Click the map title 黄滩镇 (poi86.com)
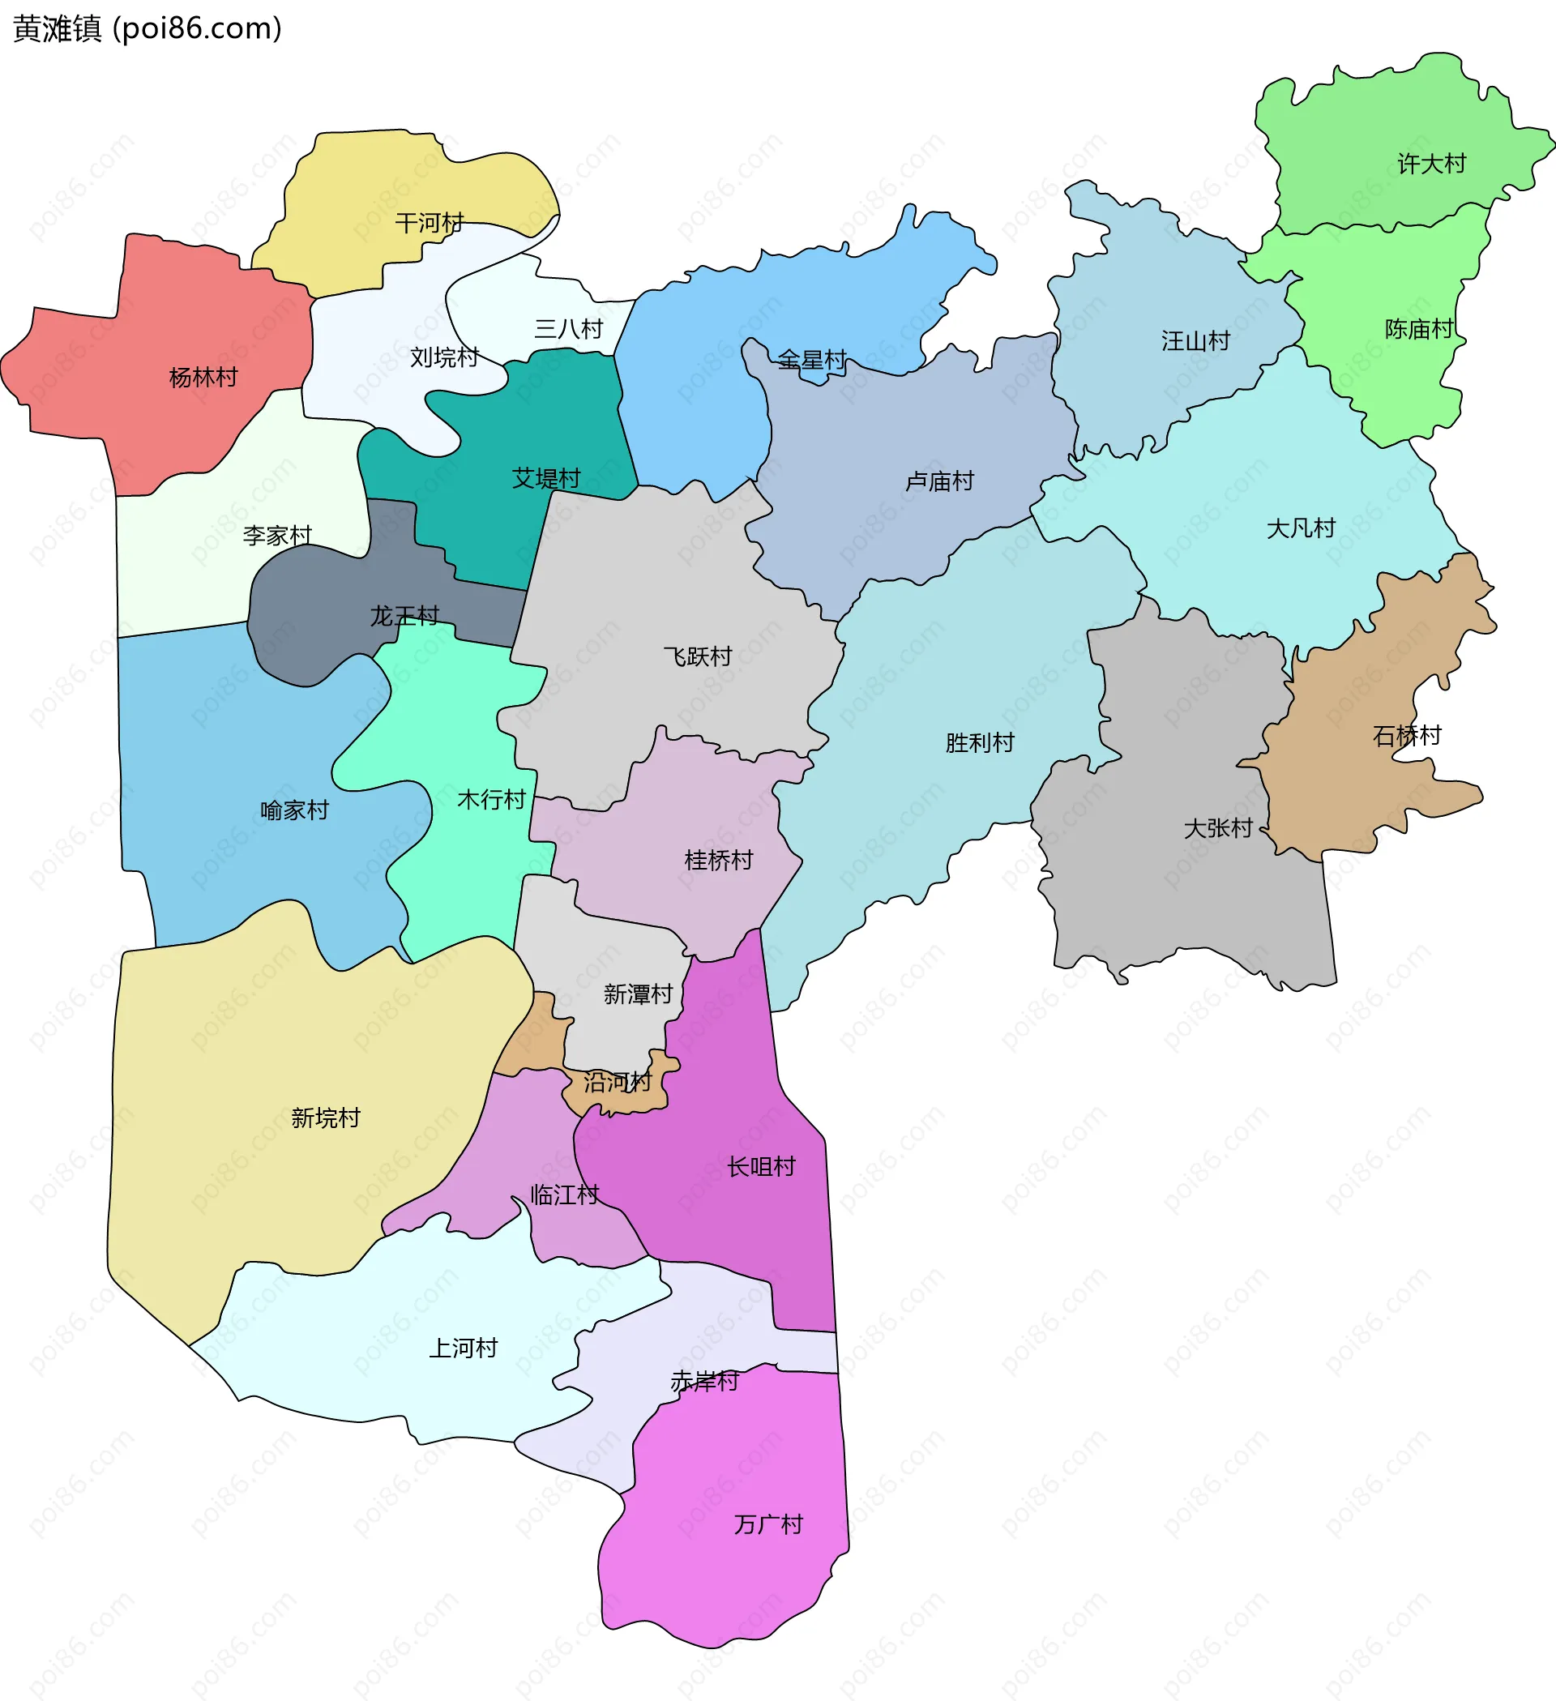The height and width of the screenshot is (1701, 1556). point(147,28)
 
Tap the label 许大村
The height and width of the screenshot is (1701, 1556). point(1431,164)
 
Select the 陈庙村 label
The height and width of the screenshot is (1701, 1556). point(1418,329)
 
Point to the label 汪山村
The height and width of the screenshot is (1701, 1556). point(1195,341)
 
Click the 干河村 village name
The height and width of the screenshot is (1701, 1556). point(430,223)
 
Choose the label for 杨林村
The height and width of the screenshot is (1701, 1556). point(203,377)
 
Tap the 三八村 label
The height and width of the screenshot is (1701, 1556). point(569,329)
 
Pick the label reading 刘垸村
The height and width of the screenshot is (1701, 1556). point(445,357)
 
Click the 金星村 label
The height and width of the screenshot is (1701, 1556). point(812,361)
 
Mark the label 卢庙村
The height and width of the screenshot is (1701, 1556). point(939,481)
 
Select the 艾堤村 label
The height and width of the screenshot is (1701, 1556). point(546,478)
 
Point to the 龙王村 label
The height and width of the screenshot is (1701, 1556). point(405,616)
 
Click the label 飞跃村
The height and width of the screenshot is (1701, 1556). point(697,656)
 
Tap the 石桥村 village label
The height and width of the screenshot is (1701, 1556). point(1407,736)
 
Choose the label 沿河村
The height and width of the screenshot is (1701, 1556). point(618,1082)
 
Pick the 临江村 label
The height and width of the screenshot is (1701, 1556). point(565,1195)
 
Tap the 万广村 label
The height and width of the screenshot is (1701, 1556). point(768,1524)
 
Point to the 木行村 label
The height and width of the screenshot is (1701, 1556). point(491,799)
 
